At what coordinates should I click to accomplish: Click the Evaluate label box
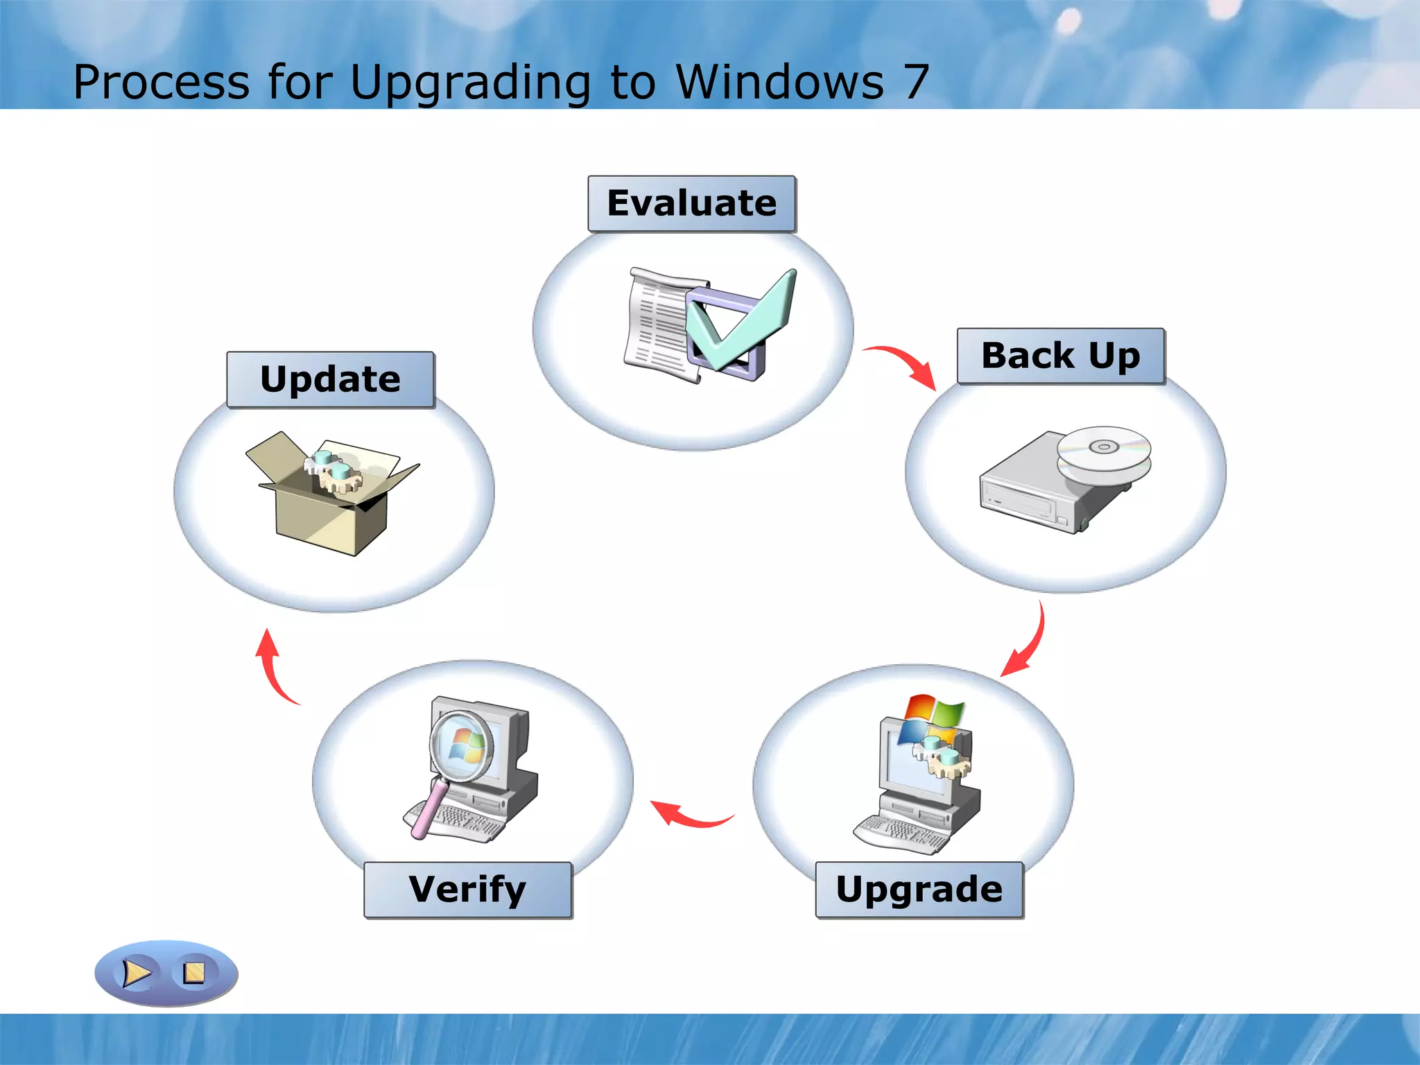point(691,203)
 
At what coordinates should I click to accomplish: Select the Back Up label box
point(1060,356)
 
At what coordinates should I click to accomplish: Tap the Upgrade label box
point(919,890)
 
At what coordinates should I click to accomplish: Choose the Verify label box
point(467,890)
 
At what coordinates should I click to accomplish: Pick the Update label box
point(330,379)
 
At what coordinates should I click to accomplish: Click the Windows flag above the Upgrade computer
point(933,718)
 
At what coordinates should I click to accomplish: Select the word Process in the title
point(161,82)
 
